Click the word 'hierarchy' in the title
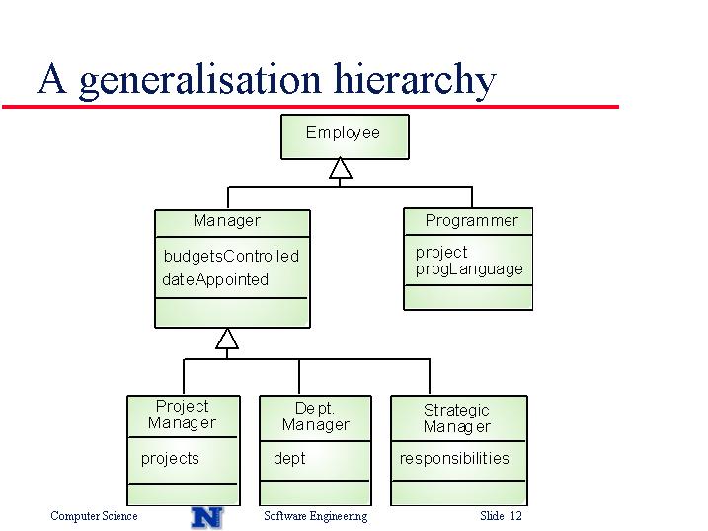[415, 80]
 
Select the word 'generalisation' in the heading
[200, 81]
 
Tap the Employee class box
[345, 136]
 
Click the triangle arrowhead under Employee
[340, 168]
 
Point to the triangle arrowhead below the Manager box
[227, 339]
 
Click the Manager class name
[227, 221]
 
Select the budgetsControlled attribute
[231, 257]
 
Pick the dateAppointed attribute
[215, 279]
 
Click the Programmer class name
[471, 221]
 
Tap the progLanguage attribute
[469, 269]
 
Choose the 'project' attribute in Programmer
[441, 253]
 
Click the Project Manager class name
[182, 415]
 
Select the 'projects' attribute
[170, 459]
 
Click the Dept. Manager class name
[316, 417]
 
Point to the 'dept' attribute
[289, 459]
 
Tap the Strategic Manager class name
[456, 418]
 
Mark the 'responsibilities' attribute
[454, 458]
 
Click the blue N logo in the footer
[207, 517]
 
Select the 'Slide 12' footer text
[501, 515]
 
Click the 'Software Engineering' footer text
[316, 516]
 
